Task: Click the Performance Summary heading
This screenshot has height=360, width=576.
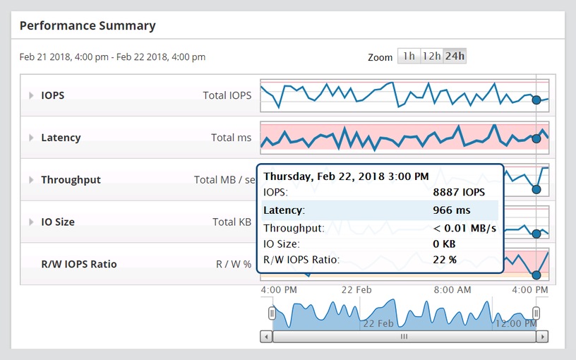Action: [88, 25]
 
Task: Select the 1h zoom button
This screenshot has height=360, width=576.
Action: [408, 56]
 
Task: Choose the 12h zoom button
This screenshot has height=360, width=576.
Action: [431, 56]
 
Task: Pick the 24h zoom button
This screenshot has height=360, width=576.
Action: [455, 56]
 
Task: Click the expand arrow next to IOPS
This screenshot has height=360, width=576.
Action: [31, 95]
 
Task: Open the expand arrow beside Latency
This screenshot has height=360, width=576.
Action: [31, 138]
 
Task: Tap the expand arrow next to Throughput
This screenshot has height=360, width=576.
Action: [31, 180]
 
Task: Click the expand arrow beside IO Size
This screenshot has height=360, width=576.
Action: [31, 222]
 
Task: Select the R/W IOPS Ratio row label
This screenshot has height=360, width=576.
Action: [79, 264]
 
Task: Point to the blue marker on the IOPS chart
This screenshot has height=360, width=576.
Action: [536, 100]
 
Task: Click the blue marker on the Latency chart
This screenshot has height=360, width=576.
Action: [536, 138]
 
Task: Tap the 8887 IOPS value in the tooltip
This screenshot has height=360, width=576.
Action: [459, 191]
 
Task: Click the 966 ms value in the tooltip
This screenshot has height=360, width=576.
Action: [451, 210]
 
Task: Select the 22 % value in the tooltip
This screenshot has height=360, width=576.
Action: [445, 259]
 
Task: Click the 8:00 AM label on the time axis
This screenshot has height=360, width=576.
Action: [452, 290]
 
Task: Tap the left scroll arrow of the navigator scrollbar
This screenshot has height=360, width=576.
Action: [266, 337]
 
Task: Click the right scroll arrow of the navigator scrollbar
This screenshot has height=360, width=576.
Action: [542, 337]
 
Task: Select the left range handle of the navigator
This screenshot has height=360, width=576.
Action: [272, 313]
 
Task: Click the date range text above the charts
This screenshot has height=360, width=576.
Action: [112, 56]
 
